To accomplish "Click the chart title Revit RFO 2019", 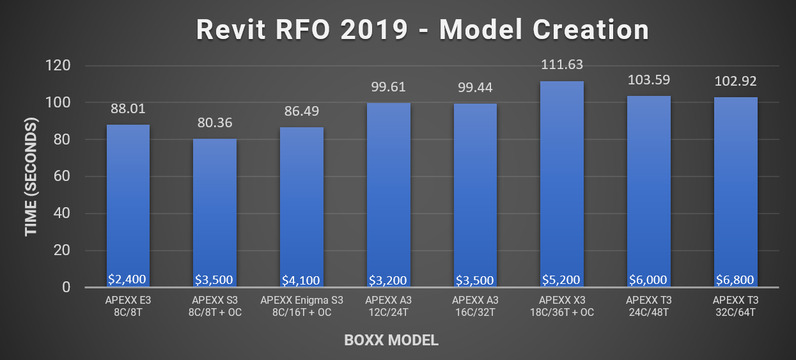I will (x=422, y=29).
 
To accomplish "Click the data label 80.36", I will (x=215, y=122).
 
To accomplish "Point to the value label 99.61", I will (x=388, y=86).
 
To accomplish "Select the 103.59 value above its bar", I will (x=648, y=80).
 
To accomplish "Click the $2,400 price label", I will (x=128, y=279).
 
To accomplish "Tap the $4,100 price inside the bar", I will (x=301, y=280).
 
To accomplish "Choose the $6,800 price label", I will (x=735, y=279).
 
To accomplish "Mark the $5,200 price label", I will (x=562, y=279).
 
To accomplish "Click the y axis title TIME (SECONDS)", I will (x=31, y=177).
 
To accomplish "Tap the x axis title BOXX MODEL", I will (x=391, y=340).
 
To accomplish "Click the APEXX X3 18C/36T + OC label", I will (x=562, y=306).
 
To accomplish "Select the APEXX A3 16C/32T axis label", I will (x=475, y=306).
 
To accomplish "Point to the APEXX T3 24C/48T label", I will (x=648, y=306).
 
